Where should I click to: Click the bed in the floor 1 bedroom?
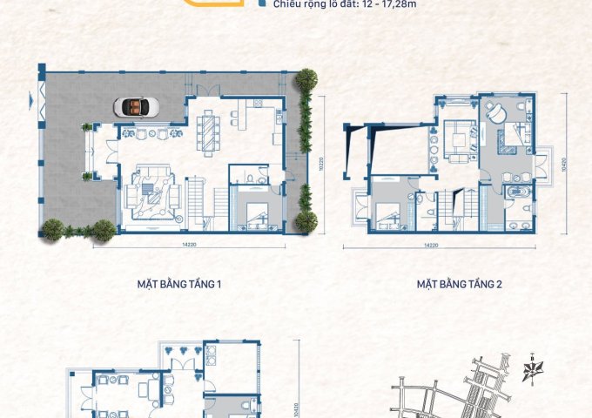click(258, 213)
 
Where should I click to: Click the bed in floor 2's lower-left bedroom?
click(388, 212)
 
